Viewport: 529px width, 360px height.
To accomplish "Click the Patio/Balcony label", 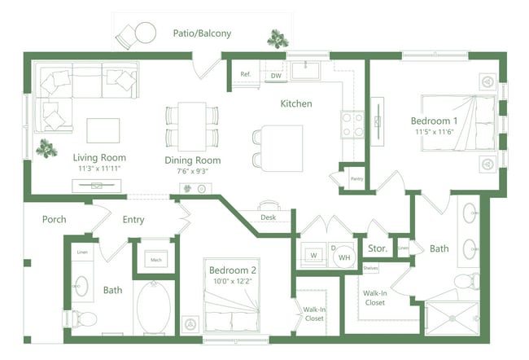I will coord(202,33).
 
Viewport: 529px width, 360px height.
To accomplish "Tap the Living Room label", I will coord(98,157).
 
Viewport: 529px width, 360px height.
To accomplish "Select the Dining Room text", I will coord(193,160).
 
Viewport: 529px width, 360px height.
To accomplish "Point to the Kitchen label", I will coord(296,103).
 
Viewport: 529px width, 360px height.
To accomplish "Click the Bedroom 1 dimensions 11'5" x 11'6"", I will coord(433,131).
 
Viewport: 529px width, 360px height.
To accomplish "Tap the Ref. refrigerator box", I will coord(245,74).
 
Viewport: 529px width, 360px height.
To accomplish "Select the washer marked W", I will coord(313,254).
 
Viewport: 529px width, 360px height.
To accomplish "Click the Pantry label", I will coord(356,179).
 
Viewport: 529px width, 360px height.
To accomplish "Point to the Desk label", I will coord(269,217).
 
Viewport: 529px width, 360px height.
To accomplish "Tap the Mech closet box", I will coord(156,260).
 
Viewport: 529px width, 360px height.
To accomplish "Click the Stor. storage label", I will coord(377,248).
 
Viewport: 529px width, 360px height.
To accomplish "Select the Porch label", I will coord(54,219).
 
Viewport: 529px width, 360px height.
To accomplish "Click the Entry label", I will coord(133,219).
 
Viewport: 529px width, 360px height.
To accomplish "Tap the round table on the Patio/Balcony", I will coord(145,33).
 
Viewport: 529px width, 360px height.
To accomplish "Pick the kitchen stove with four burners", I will coord(352,124).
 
